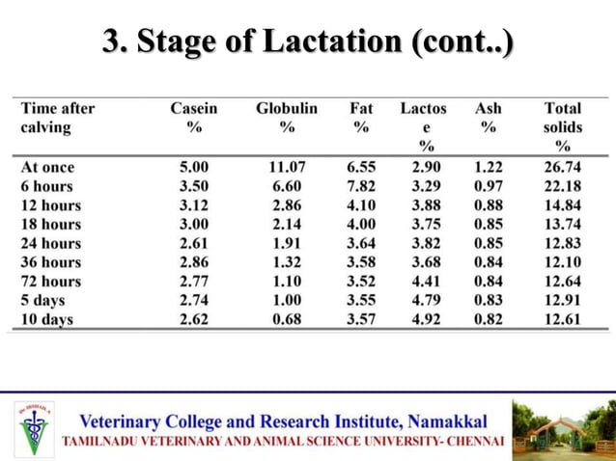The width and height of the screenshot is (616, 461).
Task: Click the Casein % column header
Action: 194,118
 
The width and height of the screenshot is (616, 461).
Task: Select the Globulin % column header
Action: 287,118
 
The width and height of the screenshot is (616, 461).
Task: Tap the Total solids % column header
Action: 562,126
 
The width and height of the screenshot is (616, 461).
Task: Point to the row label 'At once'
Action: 47,167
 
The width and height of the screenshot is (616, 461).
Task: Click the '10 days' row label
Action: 47,320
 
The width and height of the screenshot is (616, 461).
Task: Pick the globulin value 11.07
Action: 287,167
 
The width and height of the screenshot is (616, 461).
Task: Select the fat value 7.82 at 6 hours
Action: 360,186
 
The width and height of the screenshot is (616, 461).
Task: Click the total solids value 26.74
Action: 562,167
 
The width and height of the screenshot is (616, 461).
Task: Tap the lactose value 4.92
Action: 426,320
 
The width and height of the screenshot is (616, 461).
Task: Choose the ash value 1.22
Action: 488,167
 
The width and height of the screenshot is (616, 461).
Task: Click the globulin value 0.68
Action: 287,320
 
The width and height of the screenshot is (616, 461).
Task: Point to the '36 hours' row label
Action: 51,262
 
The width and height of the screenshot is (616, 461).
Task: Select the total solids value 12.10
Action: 562,262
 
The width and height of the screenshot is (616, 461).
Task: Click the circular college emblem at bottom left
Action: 35,428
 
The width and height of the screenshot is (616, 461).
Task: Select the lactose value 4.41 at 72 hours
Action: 426,282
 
